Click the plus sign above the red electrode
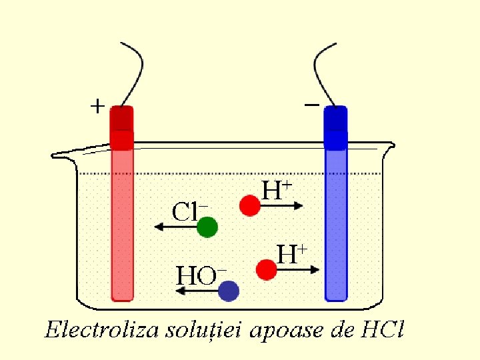point(97,105)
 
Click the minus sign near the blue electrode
point(311,104)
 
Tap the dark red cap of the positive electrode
point(122,119)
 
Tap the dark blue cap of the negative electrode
point(335,119)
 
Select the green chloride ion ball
point(207,228)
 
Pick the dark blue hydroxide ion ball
point(229,291)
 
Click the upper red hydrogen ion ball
point(250,205)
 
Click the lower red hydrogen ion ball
point(267,269)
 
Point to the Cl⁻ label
point(190,212)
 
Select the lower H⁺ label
point(292,253)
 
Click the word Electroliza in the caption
point(97,330)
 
